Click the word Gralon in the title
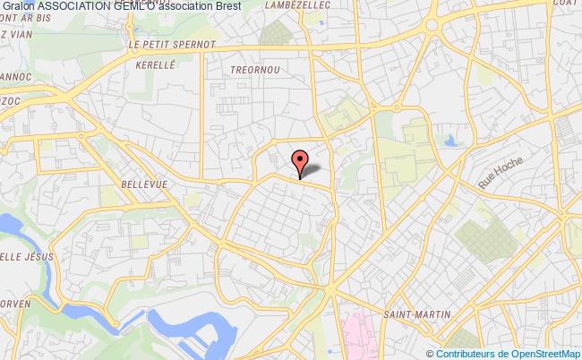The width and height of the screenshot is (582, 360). (18, 7)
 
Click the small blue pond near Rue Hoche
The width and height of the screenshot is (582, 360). (449, 140)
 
